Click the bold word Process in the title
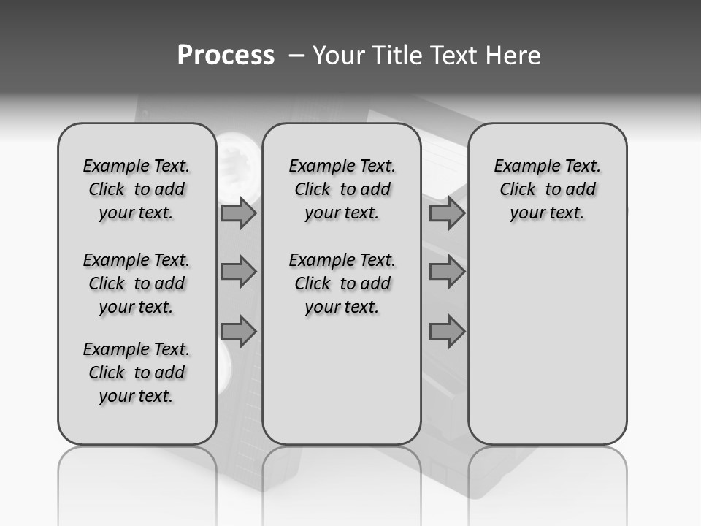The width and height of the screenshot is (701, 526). click(x=226, y=56)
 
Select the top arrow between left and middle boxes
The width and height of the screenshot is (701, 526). click(x=238, y=213)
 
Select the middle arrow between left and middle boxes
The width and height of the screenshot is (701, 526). click(x=238, y=272)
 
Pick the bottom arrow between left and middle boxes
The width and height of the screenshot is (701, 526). click(x=238, y=331)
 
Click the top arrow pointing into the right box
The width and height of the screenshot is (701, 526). click(x=446, y=213)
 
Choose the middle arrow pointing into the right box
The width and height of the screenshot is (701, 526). click(x=446, y=272)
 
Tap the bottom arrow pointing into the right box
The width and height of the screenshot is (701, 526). click(x=446, y=331)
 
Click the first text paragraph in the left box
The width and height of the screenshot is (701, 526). click(x=137, y=189)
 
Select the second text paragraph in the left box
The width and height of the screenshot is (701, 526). click(x=137, y=283)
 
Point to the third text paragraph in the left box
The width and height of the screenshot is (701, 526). click(x=137, y=373)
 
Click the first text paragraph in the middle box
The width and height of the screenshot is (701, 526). click(x=342, y=189)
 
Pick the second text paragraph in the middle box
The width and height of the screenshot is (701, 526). click(x=342, y=283)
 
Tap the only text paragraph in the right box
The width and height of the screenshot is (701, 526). click(x=547, y=189)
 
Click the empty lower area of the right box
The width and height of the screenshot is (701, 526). click(x=547, y=343)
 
